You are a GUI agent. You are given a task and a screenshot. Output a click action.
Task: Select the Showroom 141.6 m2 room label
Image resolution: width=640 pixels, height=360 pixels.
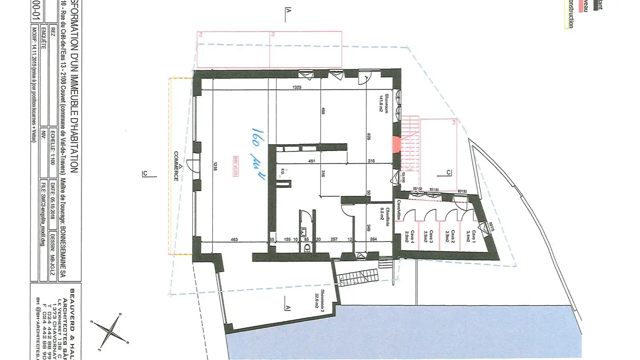(x=384, y=103)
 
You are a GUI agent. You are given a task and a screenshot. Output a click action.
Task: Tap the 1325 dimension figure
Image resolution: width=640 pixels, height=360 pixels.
(x=297, y=88)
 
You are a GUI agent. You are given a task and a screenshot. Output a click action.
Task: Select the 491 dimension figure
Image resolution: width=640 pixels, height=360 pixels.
(x=312, y=161)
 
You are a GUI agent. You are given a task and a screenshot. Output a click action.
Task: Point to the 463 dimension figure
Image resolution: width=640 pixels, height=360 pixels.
(x=235, y=240)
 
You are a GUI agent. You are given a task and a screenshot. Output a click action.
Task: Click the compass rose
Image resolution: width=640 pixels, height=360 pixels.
(x=109, y=330)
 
